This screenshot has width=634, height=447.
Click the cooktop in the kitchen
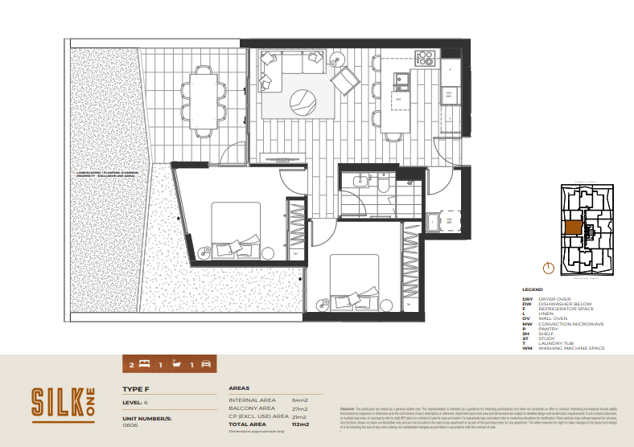point(424,58)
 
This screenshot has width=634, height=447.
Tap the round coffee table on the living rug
point(303,100)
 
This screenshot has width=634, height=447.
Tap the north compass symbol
point(549,268)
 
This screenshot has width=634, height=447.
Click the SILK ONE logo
point(63,404)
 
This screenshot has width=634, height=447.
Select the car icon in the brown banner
point(205,365)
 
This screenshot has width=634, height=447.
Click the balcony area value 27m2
point(300,408)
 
